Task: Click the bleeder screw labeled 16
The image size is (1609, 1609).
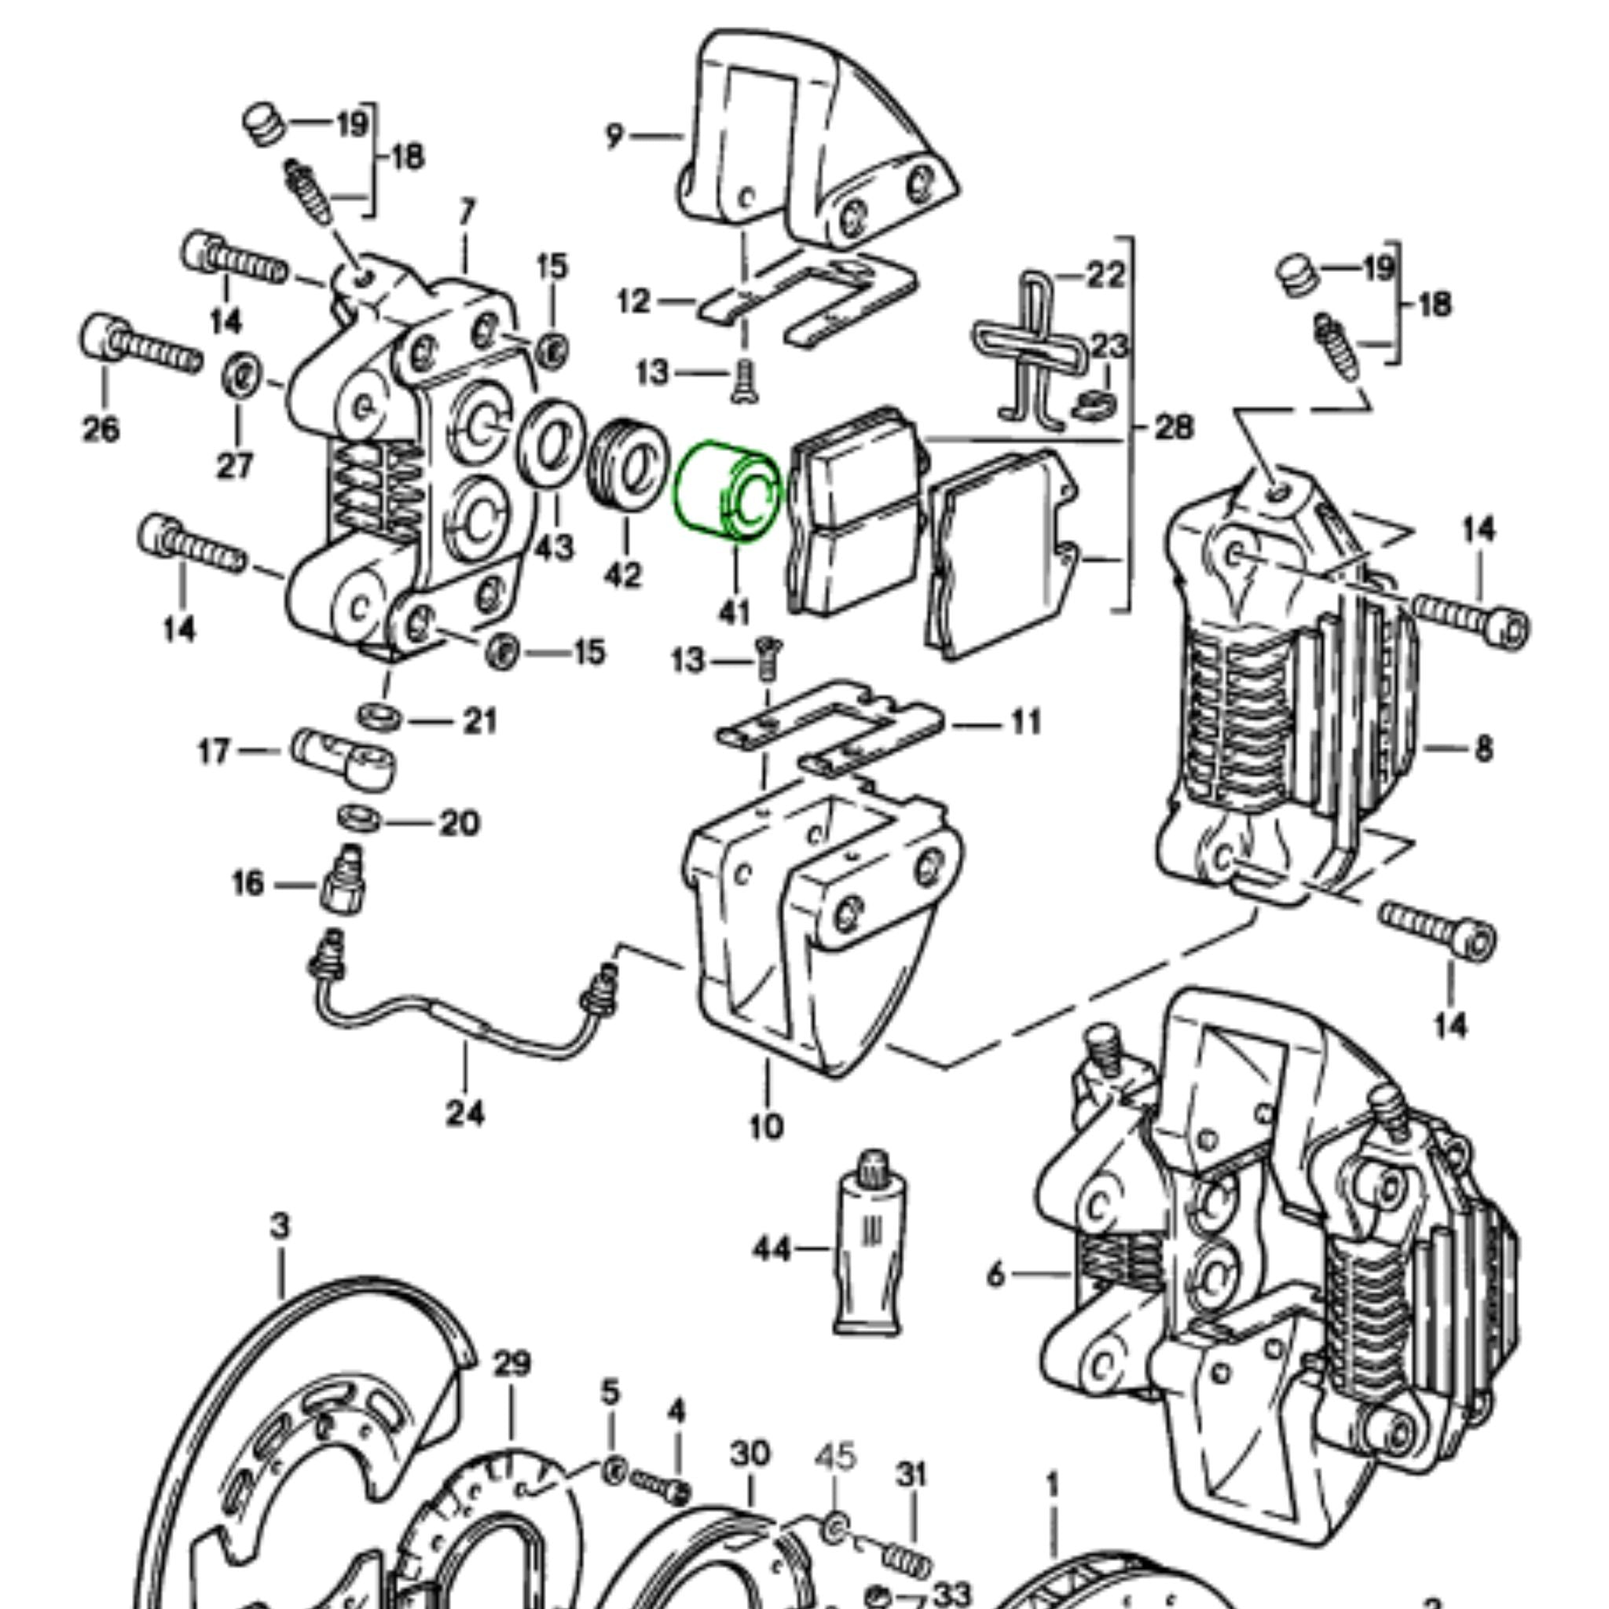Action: pyautogui.click(x=343, y=885)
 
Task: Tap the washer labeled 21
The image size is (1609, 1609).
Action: pyautogui.click(x=378, y=717)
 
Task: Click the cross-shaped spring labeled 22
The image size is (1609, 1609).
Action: pyautogui.click(x=1032, y=350)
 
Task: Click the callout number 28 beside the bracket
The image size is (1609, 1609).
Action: pyautogui.click(x=1175, y=428)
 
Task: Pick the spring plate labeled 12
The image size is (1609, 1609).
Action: pyautogui.click(x=808, y=300)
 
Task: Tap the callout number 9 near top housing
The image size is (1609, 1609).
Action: pyautogui.click(x=614, y=135)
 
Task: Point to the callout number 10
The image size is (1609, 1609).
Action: pyautogui.click(x=766, y=1127)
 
